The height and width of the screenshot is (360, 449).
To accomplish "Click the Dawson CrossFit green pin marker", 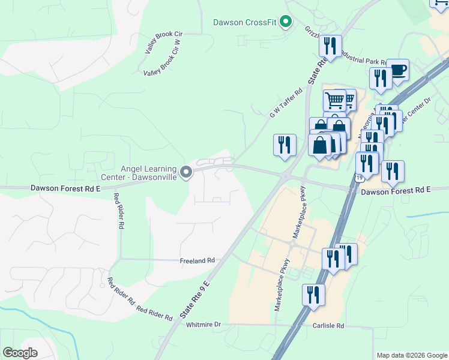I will (x=286, y=23).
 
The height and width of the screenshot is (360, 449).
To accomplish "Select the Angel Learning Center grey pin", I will (x=187, y=173).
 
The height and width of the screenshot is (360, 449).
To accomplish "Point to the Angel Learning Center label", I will (x=149, y=173).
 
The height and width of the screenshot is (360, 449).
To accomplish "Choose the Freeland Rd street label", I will (x=197, y=261).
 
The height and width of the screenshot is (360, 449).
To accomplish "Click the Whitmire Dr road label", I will (x=203, y=325).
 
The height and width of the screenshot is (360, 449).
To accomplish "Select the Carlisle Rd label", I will (x=328, y=326).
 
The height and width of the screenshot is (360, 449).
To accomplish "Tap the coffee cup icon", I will (x=398, y=70).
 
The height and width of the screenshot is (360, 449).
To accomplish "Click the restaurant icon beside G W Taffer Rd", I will (x=285, y=145).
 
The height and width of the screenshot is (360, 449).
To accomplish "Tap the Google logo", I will (x=20, y=353).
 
